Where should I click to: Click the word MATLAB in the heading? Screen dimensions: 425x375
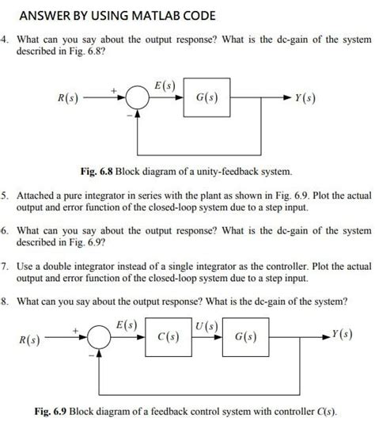click(x=150, y=16)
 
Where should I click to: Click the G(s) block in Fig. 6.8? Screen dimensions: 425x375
click(x=207, y=99)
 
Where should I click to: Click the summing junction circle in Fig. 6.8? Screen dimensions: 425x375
click(x=138, y=100)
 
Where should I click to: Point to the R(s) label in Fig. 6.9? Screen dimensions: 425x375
click(x=29, y=340)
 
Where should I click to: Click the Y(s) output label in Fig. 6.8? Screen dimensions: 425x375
click(x=306, y=99)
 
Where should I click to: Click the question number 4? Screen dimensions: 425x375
click(x=5, y=39)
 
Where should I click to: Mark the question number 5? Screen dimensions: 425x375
click(x=5, y=193)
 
